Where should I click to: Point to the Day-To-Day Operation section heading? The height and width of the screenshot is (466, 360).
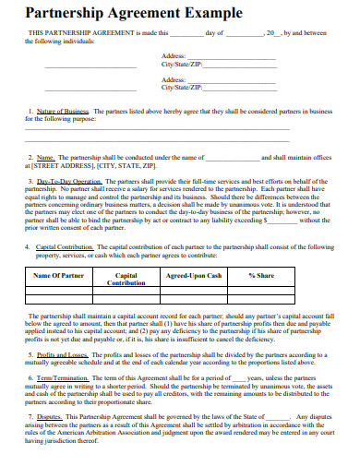68,182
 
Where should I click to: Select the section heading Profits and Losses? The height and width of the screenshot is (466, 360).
63,354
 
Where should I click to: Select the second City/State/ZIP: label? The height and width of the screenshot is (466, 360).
182,87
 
